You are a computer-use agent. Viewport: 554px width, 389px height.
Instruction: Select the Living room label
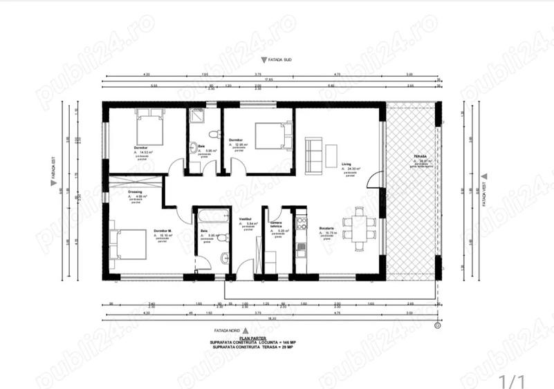coord(346,164)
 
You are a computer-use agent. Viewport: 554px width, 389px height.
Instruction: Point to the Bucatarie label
coord(326,229)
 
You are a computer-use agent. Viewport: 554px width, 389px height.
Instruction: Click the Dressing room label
coord(135,192)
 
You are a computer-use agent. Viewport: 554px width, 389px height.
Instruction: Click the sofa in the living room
coord(313,154)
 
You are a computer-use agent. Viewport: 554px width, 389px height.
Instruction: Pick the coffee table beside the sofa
coord(332,153)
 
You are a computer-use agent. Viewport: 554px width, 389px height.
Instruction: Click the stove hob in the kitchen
coord(300,222)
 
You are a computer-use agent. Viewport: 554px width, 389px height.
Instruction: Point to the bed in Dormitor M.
coord(129,244)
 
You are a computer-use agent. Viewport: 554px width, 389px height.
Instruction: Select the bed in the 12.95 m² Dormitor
coord(270,135)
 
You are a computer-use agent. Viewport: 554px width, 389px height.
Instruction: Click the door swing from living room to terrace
coord(374,180)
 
